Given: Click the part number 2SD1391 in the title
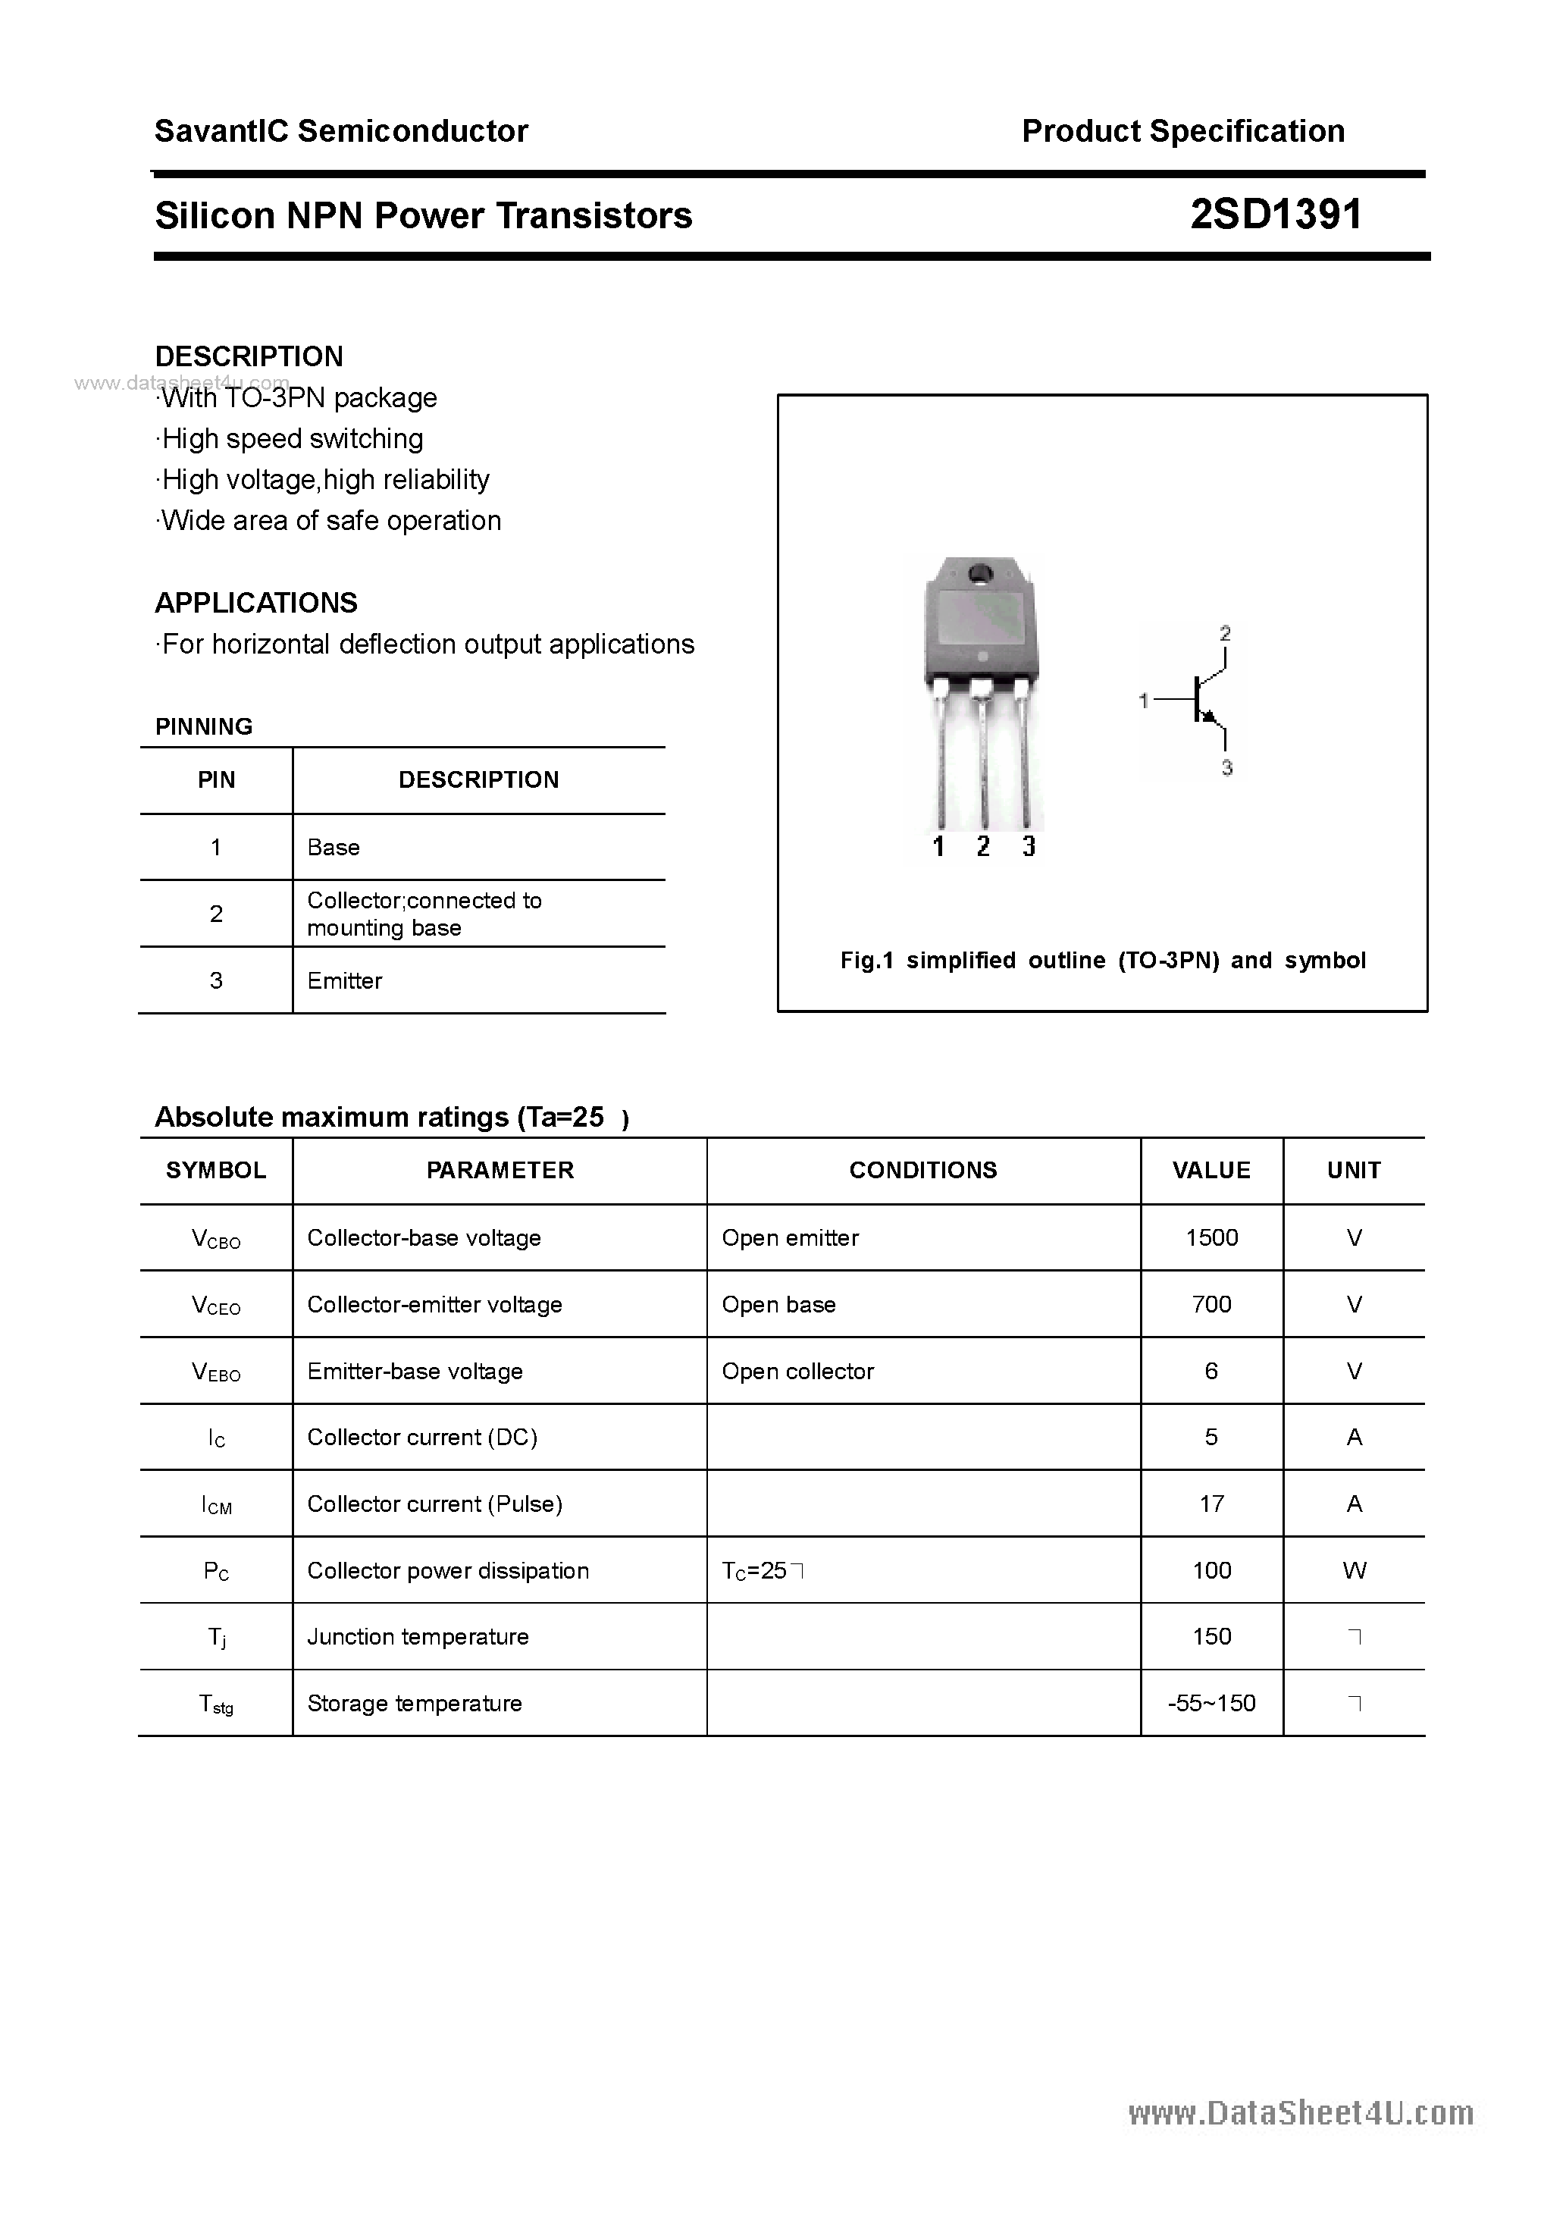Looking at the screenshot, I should (1276, 215).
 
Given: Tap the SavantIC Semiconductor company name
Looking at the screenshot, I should (341, 131).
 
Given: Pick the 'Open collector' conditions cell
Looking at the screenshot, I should (797, 1371).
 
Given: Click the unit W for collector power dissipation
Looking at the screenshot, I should (1354, 1570).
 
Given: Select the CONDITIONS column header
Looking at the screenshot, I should (922, 1171).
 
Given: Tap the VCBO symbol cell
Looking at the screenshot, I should (216, 1239).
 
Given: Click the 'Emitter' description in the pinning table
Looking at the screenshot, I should (345, 981).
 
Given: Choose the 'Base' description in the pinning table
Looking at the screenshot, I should (333, 848).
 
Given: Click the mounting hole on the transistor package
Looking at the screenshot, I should (982, 572).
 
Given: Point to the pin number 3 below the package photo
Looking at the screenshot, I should (1029, 847).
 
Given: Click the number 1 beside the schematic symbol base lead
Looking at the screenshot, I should (1144, 700).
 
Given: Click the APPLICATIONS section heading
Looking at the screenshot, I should (256, 603).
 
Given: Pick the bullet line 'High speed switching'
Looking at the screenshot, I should (290, 438).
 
